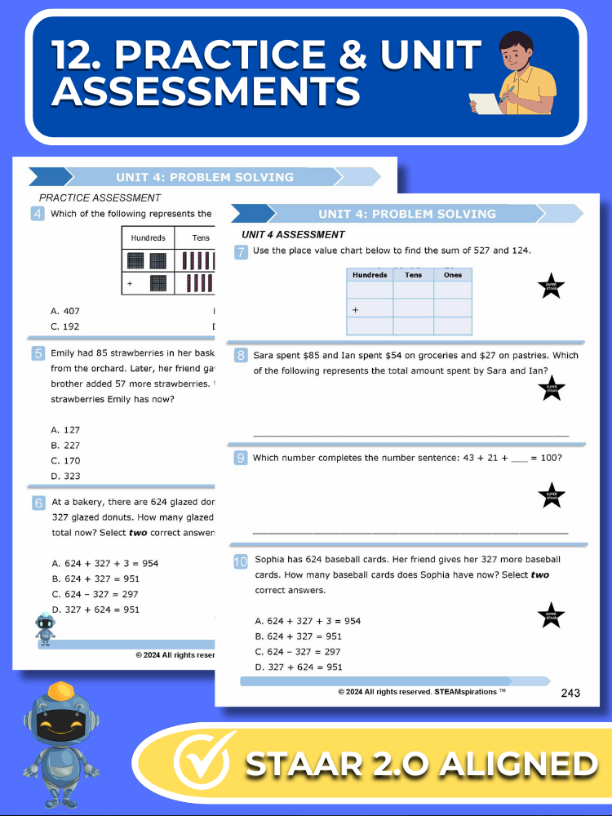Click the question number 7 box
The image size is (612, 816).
(x=241, y=251)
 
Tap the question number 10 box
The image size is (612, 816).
(x=241, y=561)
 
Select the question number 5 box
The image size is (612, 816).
(x=38, y=353)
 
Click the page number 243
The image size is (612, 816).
(x=570, y=693)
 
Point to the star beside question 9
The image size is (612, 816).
(x=552, y=495)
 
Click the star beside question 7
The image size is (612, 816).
(x=551, y=287)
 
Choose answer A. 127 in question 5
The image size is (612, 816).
(x=65, y=430)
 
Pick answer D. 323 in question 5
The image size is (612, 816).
(x=65, y=477)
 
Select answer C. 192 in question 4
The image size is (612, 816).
(x=65, y=326)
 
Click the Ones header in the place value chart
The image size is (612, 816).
(x=453, y=275)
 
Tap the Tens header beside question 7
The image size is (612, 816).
(x=413, y=275)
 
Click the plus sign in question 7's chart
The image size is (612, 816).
(x=356, y=311)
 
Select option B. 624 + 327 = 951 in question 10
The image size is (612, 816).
(x=299, y=636)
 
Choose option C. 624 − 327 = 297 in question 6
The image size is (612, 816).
(x=95, y=594)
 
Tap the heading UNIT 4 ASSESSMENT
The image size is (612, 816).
(x=293, y=235)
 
